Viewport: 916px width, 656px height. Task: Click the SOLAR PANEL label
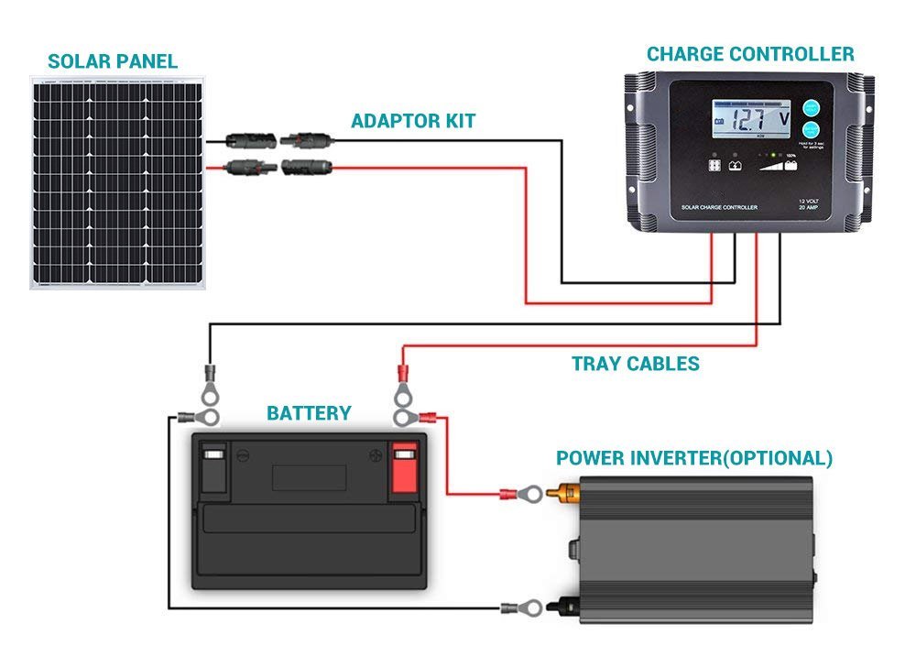(x=113, y=62)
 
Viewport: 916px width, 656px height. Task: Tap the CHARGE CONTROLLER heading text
(x=750, y=53)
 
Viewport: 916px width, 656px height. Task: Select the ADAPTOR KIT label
(x=413, y=121)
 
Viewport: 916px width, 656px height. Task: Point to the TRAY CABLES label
(x=636, y=364)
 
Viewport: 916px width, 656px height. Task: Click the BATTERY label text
(x=309, y=413)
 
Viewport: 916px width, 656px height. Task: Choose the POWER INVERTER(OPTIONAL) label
(x=694, y=458)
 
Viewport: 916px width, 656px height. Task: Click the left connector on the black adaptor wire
(x=249, y=141)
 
